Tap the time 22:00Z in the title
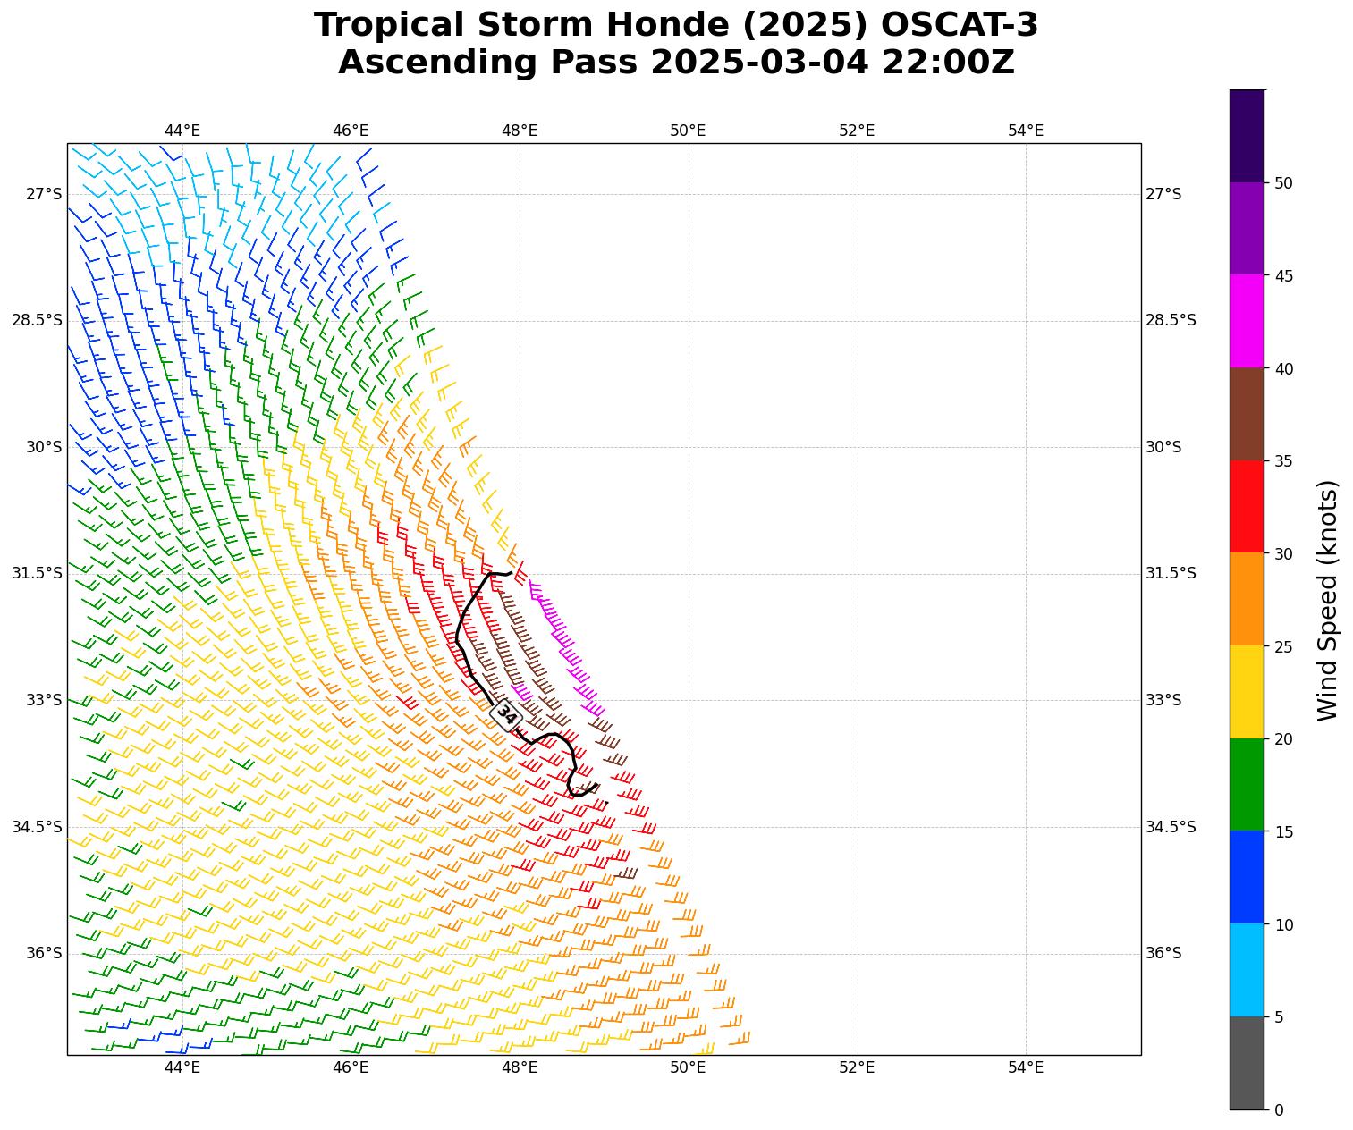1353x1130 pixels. (949, 63)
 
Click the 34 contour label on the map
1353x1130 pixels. (506, 714)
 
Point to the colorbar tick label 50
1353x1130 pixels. (1283, 183)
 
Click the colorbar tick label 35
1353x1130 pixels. (1283, 461)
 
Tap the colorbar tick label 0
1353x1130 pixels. (1279, 1109)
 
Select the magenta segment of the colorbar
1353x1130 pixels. (1247, 321)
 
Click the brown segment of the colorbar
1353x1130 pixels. (1247, 414)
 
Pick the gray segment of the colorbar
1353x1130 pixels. (1247, 1063)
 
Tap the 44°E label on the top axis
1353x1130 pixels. (182, 131)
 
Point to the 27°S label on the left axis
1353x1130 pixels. (44, 194)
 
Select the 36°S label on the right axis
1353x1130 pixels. (1163, 953)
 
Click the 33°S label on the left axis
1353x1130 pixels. (44, 700)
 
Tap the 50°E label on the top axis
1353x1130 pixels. (688, 131)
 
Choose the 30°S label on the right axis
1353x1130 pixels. (1163, 447)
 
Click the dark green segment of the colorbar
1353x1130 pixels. (1247, 784)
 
